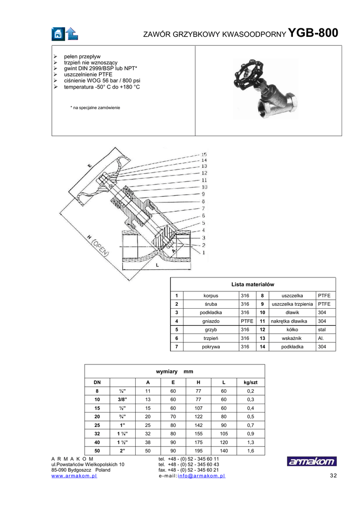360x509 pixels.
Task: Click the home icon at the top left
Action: [58, 33]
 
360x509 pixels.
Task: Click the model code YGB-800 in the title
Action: [313, 33]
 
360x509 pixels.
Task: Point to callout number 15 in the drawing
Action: [204, 154]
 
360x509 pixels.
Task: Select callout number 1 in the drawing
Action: [203, 253]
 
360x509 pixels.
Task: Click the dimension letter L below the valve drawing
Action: [157, 265]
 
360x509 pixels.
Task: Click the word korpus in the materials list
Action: [211, 296]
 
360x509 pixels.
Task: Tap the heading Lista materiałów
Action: [253, 284]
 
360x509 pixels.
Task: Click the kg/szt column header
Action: [250, 382]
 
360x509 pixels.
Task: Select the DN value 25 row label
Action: [97, 425]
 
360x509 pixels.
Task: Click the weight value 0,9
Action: [250, 433]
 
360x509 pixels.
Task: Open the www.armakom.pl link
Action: [74, 476]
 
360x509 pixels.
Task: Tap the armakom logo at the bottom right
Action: [312, 461]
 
